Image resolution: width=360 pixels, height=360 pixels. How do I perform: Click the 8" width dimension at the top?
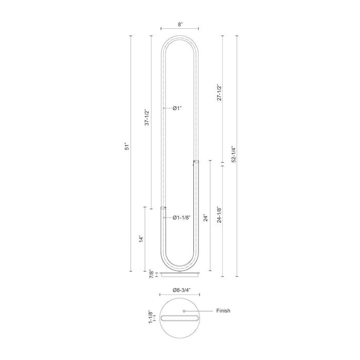click(179, 24)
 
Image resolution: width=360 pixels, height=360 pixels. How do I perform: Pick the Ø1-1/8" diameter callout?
click(182, 218)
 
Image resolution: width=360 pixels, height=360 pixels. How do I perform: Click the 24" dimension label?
click(205, 218)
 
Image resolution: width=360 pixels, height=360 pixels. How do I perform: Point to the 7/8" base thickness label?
click(150, 274)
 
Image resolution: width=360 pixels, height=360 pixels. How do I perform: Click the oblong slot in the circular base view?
click(179, 319)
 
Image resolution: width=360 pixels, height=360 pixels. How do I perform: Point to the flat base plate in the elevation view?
click(179, 274)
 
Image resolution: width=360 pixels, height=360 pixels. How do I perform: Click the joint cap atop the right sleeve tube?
click(195, 162)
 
